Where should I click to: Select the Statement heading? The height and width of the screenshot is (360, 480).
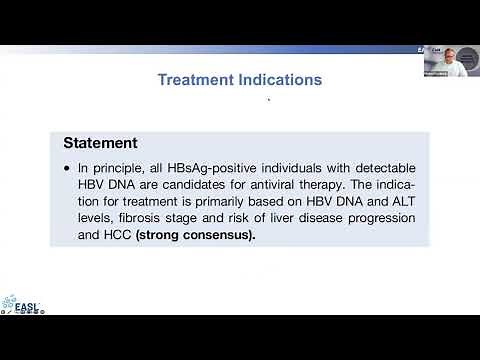click(x=101, y=143)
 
